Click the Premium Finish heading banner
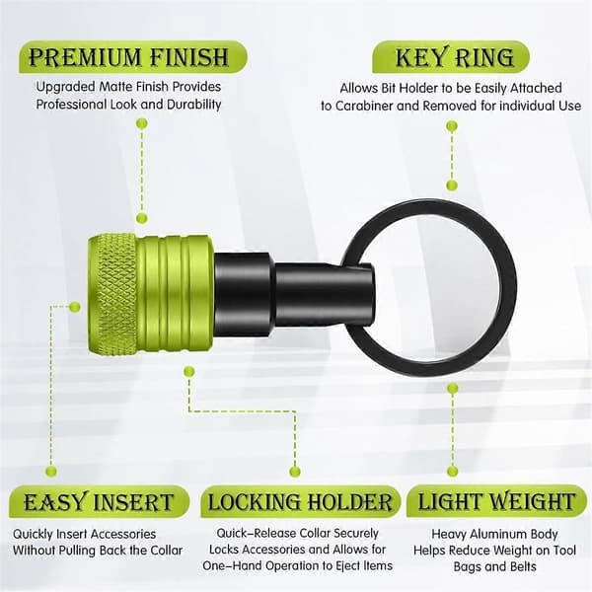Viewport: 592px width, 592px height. pyautogui.click(x=133, y=57)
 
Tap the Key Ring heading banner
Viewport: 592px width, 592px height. pyautogui.click(x=451, y=57)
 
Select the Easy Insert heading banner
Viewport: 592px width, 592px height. pyautogui.click(x=99, y=502)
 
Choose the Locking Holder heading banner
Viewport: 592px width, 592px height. pyautogui.click(x=300, y=502)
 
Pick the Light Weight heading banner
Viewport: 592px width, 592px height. pyautogui.click(x=496, y=502)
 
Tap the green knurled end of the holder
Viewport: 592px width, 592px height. pyautogui.click(x=112, y=294)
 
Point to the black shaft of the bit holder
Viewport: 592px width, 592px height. pyautogui.click(x=293, y=294)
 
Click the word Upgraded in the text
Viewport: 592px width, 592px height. pyautogui.click(x=66, y=87)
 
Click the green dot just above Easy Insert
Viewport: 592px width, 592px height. pyautogui.click(x=51, y=471)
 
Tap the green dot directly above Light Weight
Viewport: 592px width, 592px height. pyautogui.click(x=452, y=471)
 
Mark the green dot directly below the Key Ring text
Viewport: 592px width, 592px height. pyautogui.click(x=452, y=125)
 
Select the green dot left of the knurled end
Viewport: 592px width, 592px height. pyautogui.click(x=75, y=307)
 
